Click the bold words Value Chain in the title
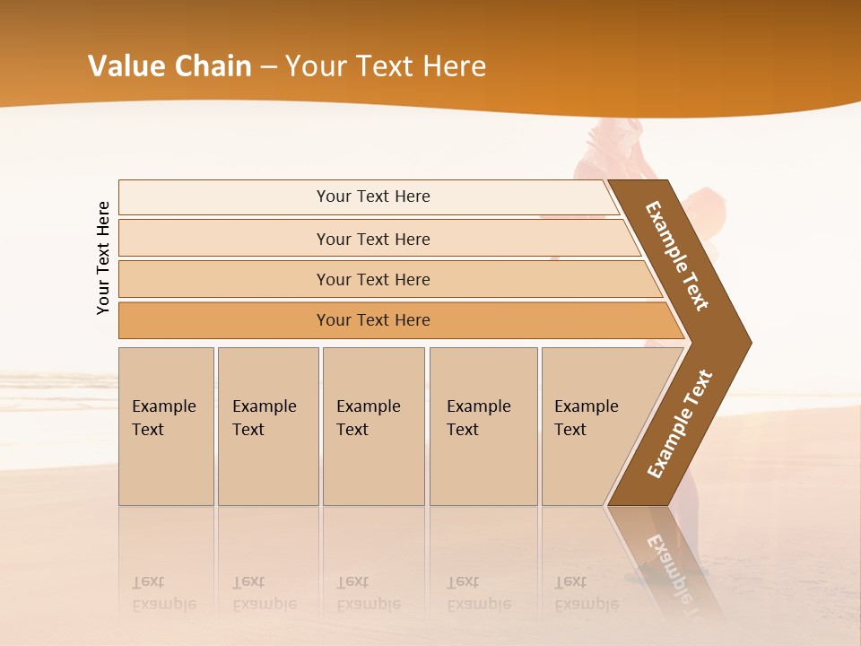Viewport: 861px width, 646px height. click(170, 66)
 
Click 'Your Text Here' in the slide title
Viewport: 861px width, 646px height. click(386, 66)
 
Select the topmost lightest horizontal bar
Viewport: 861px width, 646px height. click(224, 197)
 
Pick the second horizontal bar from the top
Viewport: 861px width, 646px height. click(224, 239)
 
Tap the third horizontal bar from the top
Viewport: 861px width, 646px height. click(224, 279)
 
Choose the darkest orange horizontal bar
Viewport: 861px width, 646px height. click(224, 320)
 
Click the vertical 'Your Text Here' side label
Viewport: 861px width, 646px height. click(103, 258)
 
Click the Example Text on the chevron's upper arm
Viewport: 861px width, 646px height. click(677, 256)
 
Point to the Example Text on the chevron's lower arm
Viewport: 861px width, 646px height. click(680, 424)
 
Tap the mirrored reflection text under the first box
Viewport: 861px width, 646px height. click(163, 593)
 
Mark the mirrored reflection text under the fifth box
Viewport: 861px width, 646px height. click(586, 593)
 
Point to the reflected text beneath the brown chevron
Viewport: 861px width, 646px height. click(667, 565)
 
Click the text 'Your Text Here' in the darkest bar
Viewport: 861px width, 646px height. click(373, 320)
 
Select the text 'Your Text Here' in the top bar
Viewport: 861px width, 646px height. click(373, 196)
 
